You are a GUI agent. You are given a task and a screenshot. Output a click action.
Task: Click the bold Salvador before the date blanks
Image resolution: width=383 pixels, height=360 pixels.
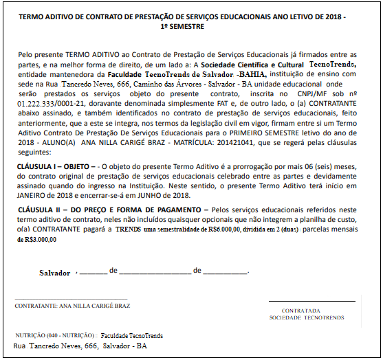55,273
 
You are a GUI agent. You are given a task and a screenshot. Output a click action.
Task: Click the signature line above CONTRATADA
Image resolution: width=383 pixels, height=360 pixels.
312,301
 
